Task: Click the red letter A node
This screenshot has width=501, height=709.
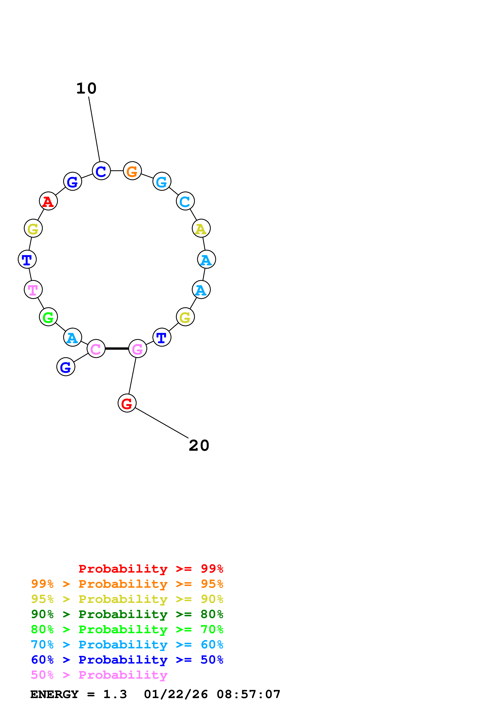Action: [x=49, y=201]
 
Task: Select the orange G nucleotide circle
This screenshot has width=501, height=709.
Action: [x=132, y=171]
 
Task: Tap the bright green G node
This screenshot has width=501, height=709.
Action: [x=49, y=317]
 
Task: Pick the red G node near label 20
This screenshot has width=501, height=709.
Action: [x=127, y=403]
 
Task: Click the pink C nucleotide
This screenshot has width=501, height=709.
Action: [x=96, y=349]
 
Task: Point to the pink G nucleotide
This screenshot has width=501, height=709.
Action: [x=138, y=349]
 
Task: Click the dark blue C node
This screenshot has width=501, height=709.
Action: [x=101, y=171]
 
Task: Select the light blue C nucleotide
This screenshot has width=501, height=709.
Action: [x=185, y=201]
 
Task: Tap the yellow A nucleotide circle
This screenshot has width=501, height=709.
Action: [x=201, y=229]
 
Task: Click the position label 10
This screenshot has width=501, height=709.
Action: [x=86, y=89]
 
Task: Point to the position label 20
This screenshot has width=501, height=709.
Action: [x=199, y=446]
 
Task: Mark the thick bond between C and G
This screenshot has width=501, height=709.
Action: [x=117, y=349]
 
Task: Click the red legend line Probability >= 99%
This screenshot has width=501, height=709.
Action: [x=151, y=569]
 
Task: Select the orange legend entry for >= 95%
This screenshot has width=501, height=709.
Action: [x=127, y=584]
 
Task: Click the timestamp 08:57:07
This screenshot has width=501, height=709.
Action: [x=249, y=694]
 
